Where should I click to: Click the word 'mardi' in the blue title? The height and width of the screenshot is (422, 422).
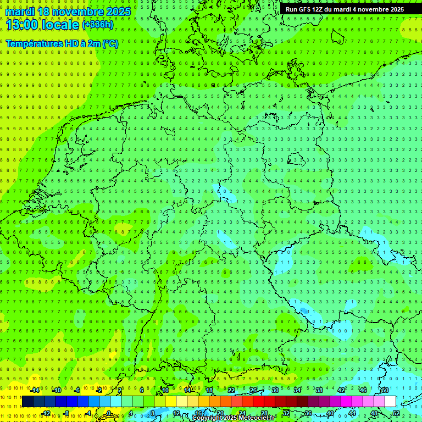click(19, 12)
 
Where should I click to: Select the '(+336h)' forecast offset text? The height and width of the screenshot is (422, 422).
click(98, 25)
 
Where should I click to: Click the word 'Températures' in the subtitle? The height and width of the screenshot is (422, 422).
click(32, 43)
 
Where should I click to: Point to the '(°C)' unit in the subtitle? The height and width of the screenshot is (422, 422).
click(110, 43)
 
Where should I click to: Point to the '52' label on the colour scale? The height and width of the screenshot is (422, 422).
click(396, 413)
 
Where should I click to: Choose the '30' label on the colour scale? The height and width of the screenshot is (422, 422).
click(275, 390)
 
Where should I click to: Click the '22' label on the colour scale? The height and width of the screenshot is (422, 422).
click(231, 390)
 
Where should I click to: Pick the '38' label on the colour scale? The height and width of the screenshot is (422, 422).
click(319, 390)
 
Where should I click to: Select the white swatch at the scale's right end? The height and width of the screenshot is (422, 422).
click(390, 402)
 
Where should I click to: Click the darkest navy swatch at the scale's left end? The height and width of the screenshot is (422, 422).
click(27, 402)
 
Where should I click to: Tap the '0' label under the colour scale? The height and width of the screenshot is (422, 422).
click(109, 413)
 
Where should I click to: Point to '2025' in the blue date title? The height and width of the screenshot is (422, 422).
click(116, 12)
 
